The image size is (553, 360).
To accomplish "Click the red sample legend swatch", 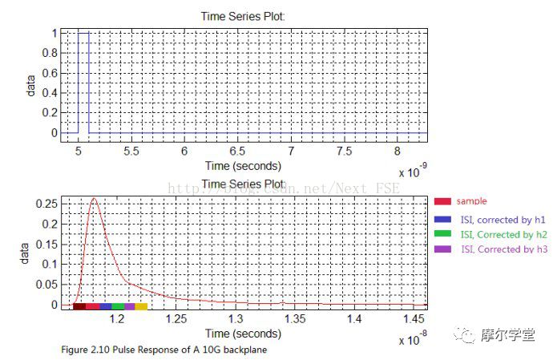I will (442, 201).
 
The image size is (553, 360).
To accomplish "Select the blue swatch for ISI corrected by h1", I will (442, 218).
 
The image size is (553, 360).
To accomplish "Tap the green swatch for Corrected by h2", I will (442, 234).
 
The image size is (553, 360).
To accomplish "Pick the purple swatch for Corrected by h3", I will (442, 249).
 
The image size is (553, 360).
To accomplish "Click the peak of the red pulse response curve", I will (95, 199).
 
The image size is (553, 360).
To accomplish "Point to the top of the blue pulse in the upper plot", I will (83, 33).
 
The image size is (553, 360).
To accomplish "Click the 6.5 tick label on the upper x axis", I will (237, 151).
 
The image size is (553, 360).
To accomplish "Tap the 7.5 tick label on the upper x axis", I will (344, 151).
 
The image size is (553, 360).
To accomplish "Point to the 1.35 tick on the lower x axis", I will (294, 319).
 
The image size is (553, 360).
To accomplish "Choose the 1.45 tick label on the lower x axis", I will (412, 319).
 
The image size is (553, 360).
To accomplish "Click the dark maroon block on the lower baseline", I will (79, 306).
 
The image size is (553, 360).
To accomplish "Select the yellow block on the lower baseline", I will (141, 306).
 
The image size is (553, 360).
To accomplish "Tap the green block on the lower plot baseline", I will (118, 306).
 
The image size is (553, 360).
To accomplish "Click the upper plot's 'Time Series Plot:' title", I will (243, 16).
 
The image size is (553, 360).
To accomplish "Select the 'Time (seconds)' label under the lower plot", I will (243, 333).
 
